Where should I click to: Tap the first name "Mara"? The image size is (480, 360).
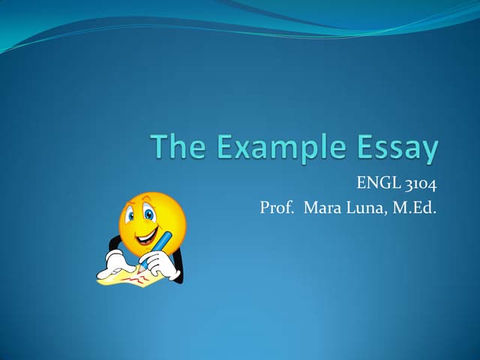322,208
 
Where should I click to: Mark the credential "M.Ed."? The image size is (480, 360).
414,208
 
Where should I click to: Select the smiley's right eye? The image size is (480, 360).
150,214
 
